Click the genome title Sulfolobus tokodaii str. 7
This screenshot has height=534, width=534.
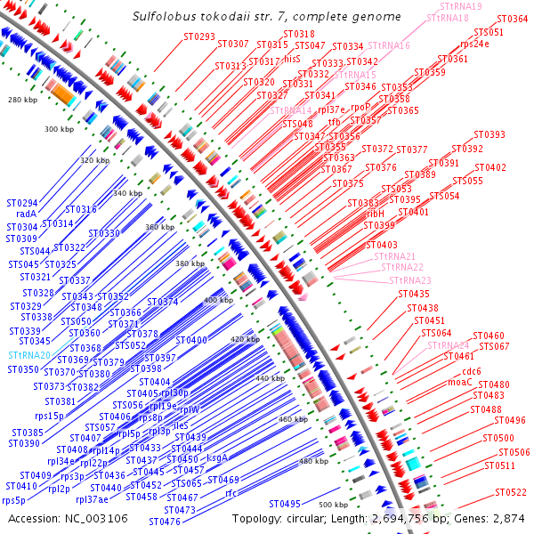pyautogui.click(x=265, y=17)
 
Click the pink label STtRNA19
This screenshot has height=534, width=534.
pyautogui.click(x=461, y=6)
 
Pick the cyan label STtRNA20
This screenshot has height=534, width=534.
pyautogui.click(x=29, y=355)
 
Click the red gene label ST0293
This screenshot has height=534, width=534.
pyautogui.click(x=199, y=36)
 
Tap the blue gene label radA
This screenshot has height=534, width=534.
pyautogui.click(x=26, y=214)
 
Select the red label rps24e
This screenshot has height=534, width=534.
pyautogui.click(x=474, y=43)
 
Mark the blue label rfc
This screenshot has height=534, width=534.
pyautogui.click(x=231, y=492)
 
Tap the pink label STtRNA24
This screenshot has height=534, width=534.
pyautogui.click(x=449, y=345)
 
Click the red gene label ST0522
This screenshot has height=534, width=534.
pyautogui.click(x=511, y=491)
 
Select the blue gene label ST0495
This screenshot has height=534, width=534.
pyautogui.click(x=285, y=503)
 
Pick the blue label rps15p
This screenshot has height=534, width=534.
pyautogui.click(x=48, y=415)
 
